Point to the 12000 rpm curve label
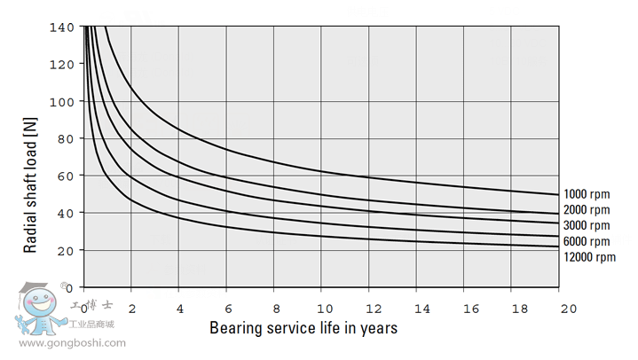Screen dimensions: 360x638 pyautogui.click(x=588, y=257)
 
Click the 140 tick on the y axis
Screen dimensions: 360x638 pyautogui.click(x=63, y=27)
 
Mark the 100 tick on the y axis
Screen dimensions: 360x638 pyautogui.click(x=63, y=102)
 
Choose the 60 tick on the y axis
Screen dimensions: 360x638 pyautogui.click(x=67, y=176)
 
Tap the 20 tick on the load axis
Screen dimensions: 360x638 pyautogui.click(x=67, y=251)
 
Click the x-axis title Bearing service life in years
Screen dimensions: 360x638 pyautogui.click(x=303, y=328)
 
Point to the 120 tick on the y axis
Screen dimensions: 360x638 pyautogui.click(x=63, y=65)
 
